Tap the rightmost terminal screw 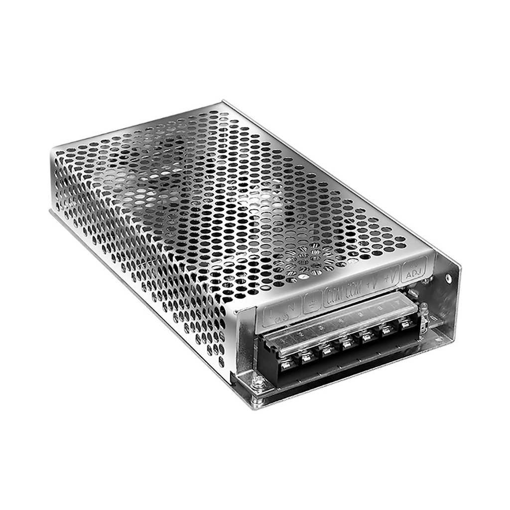coord(406,324)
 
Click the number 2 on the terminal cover coord(300,335)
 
